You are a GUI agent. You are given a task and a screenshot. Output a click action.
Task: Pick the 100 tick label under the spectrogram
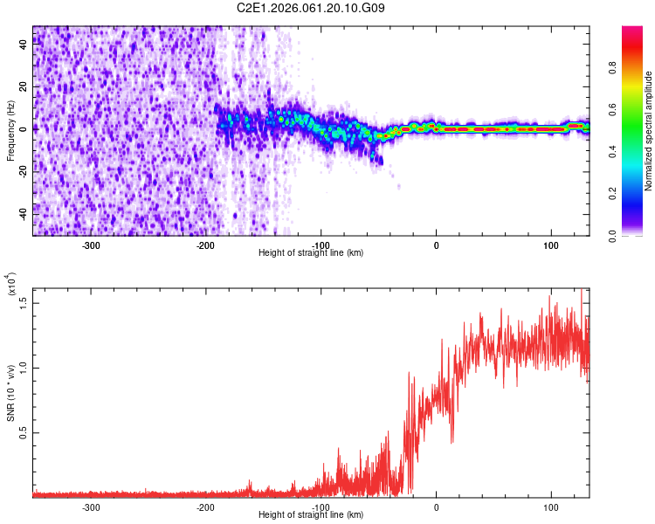point(551,245)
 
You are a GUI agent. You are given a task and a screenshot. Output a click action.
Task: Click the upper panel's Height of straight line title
point(312,253)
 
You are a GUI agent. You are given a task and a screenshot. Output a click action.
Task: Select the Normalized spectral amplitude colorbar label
point(649,131)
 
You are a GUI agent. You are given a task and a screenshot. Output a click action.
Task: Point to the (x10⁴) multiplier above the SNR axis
point(11,285)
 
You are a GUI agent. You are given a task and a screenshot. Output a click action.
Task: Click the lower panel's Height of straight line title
point(312,515)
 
